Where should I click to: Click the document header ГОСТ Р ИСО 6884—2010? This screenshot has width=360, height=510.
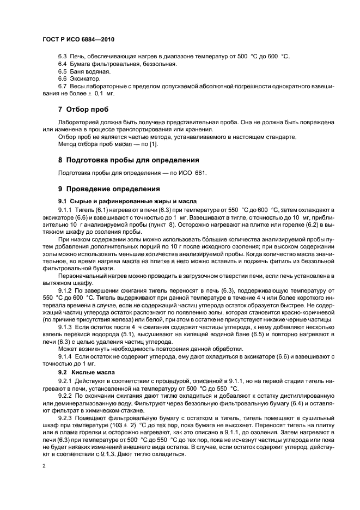[78, 40]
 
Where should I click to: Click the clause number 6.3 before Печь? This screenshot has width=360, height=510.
[63, 56]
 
